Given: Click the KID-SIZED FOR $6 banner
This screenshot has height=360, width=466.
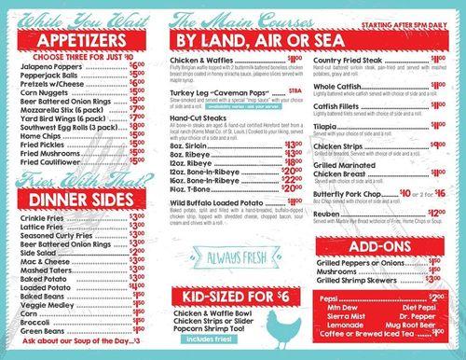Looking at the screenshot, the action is click(232, 297).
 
